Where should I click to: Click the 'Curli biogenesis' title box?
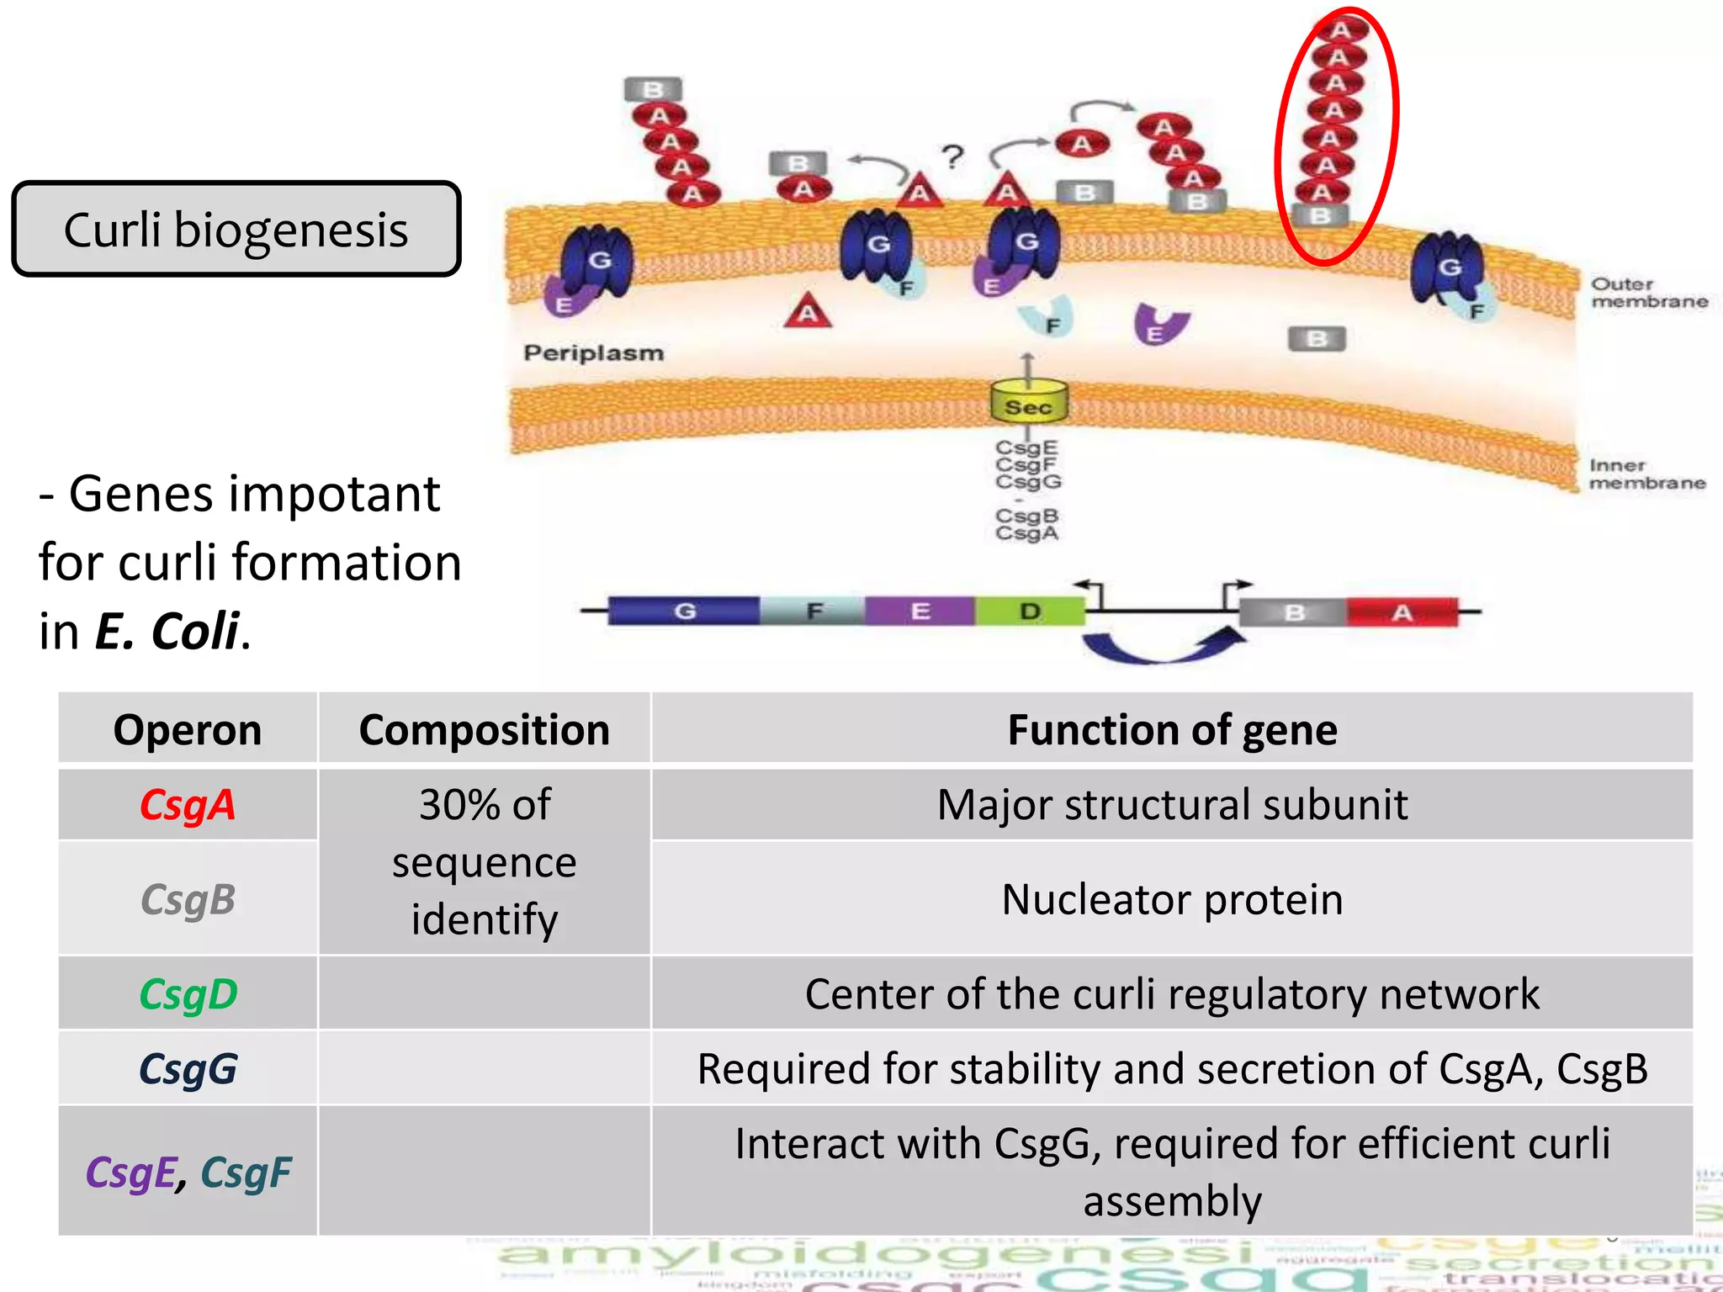[x=236, y=229]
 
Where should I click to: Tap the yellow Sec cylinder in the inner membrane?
[x=1028, y=403]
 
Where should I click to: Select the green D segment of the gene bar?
[x=1030, y=611]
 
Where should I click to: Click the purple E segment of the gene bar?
[x=920, y=611]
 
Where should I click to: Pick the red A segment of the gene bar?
[x=1402, y=612]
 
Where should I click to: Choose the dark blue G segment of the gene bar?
[x=684, y=611]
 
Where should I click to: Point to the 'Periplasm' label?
[x=593, y=352]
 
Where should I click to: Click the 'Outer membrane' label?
[x=1647, y=293]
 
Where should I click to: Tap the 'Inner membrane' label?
[x=1646, y=474]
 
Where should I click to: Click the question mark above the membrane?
[x=952, y=157]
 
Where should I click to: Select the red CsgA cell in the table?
[x=187, y=804]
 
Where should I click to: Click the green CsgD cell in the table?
[x=187, y=993]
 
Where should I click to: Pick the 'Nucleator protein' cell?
[x=1171, y=898]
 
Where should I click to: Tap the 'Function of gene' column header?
[x=1171, y=729]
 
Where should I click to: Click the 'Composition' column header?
[x=484, y=729]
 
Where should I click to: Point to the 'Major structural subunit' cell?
[x=1171, y=804]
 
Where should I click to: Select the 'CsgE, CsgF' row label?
[x=187, y=1172]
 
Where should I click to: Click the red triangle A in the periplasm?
[x=808, y=312]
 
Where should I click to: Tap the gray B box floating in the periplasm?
[x=1317, y=339]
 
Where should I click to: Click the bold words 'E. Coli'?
[x=167, y=631]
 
